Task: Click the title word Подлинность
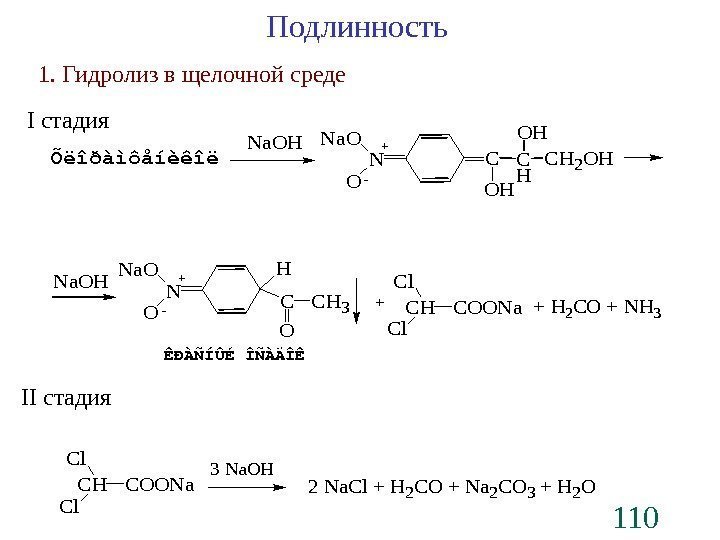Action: tap(358, 28)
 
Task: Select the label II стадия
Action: tap(66, 398)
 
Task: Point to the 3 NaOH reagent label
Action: tap(241, 468)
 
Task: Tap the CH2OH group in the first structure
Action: tap(585, 158)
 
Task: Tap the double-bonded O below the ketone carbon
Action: tap(287, 328)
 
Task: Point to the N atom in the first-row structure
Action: tap(376, 159)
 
